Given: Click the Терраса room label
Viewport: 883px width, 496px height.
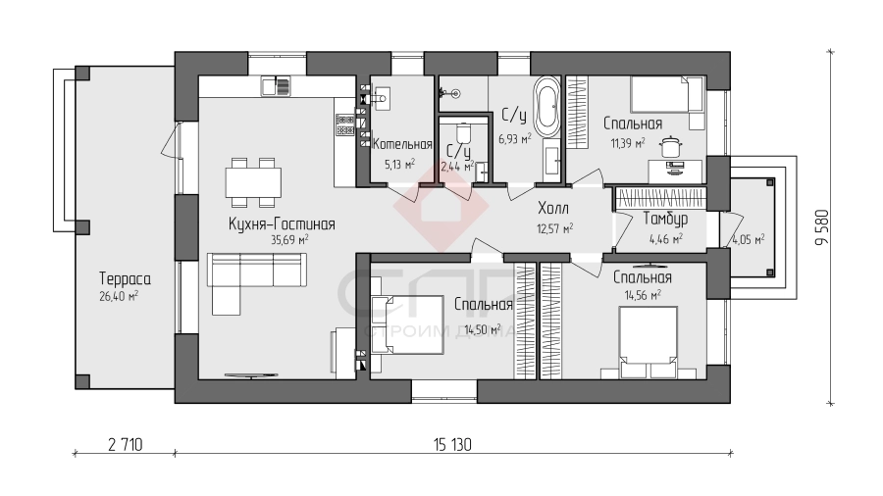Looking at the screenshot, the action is [125, 278].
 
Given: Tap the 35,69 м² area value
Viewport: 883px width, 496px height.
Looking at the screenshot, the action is [289, 239].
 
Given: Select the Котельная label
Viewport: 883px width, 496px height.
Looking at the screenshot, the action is [402, 144].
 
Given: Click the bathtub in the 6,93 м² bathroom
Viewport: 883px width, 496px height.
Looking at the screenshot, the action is [546, 106].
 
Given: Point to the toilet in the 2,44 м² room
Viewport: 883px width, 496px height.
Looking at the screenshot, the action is [463, 134].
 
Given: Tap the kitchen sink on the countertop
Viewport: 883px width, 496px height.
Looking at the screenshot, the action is [276, 86].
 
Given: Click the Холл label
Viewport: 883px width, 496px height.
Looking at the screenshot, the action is [553, 208].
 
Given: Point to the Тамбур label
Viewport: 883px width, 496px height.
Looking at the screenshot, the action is [665, 219].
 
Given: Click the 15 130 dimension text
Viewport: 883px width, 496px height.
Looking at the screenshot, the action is [452, 445].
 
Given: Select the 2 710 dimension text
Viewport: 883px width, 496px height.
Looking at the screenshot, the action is [125, 445].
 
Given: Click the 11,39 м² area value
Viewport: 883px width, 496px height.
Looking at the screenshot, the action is [628, 143].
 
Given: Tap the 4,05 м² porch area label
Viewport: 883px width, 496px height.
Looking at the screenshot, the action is [748, 239].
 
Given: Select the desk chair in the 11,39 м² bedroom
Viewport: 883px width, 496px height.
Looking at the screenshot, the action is [669, 146].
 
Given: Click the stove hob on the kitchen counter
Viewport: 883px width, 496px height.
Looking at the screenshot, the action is [344, 124].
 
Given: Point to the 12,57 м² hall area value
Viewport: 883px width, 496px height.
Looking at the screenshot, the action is [555, 228].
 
